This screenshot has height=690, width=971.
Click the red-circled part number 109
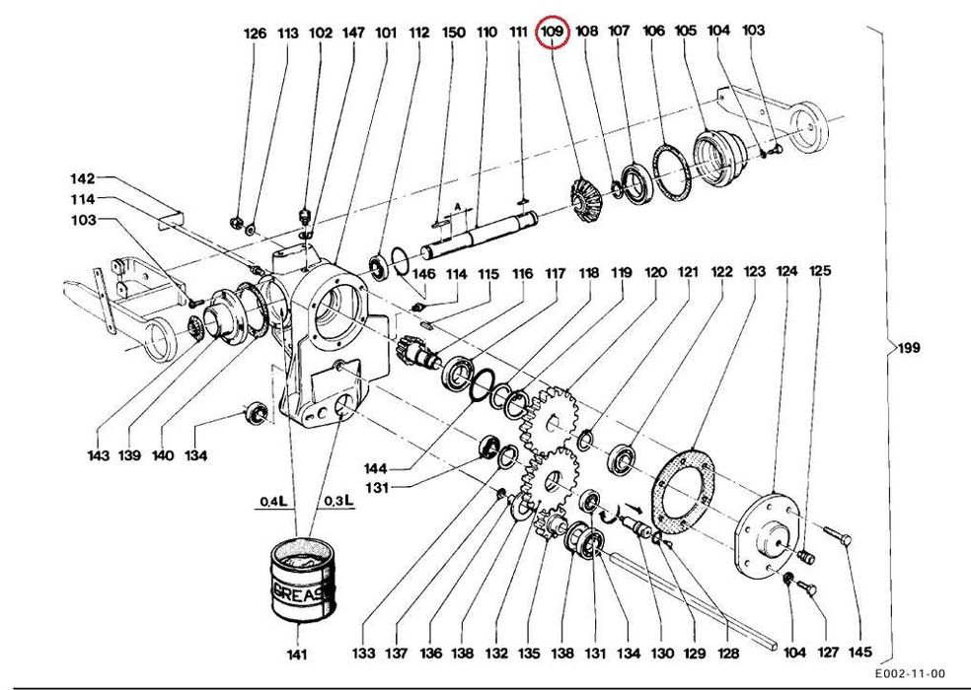553,31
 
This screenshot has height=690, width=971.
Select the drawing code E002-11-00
910,673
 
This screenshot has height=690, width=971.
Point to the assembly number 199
909,348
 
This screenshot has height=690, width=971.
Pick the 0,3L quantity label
339,500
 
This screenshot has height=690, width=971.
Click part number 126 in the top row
255,34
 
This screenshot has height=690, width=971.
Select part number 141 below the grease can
297,655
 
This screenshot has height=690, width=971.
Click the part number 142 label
82,178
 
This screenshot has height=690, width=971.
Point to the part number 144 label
376,468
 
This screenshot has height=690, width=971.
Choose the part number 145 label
859,652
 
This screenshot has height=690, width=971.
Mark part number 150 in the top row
453,32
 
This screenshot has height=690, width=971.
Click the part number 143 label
98,455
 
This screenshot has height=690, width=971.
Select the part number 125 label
820,270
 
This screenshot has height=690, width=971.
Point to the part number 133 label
363,653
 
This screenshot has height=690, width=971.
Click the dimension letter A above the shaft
458,205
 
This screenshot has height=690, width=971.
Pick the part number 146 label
424,273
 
